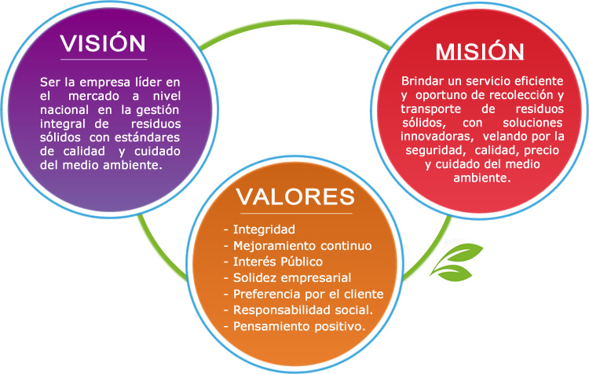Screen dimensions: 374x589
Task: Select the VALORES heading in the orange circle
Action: pos(294,195)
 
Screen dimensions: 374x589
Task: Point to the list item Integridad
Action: pos(262,229)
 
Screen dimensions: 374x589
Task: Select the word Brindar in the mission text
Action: pos(421,81)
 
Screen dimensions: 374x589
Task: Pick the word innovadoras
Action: pos(434,137)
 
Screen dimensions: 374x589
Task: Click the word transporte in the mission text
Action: pos(429,109)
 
